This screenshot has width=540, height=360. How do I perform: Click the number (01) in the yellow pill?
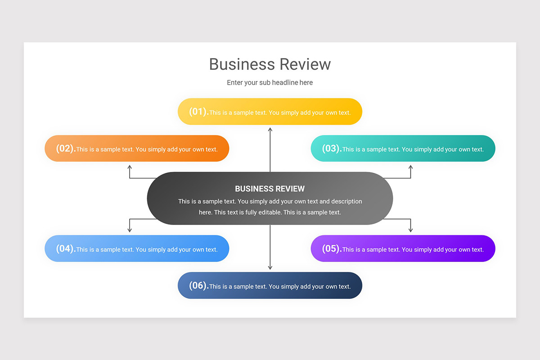[198, 112]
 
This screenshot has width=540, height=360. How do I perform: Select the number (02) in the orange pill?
[65, 148]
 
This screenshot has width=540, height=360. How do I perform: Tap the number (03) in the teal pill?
[331, 148]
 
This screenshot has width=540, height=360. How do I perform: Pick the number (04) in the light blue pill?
[65, 249]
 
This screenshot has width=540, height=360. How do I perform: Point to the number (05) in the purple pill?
[331, 249]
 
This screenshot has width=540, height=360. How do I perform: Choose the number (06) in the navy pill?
[198, 286]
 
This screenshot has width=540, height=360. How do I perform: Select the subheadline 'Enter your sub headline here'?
[270, 83]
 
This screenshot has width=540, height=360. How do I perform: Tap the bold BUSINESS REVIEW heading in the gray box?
[270, 189]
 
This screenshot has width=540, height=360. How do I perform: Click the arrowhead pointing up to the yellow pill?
[270, 130]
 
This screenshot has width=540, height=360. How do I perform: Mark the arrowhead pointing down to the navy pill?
[270, 267]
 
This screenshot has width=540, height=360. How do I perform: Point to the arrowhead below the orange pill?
[130, 167]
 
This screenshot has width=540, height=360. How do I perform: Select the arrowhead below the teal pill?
[410, 167]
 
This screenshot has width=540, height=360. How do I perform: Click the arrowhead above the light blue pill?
[130, 230]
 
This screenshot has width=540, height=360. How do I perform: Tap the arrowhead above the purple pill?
[410, 230]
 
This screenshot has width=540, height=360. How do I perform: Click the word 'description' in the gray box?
[346, 202]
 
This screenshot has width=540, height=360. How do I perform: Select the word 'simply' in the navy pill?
[290, 287]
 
